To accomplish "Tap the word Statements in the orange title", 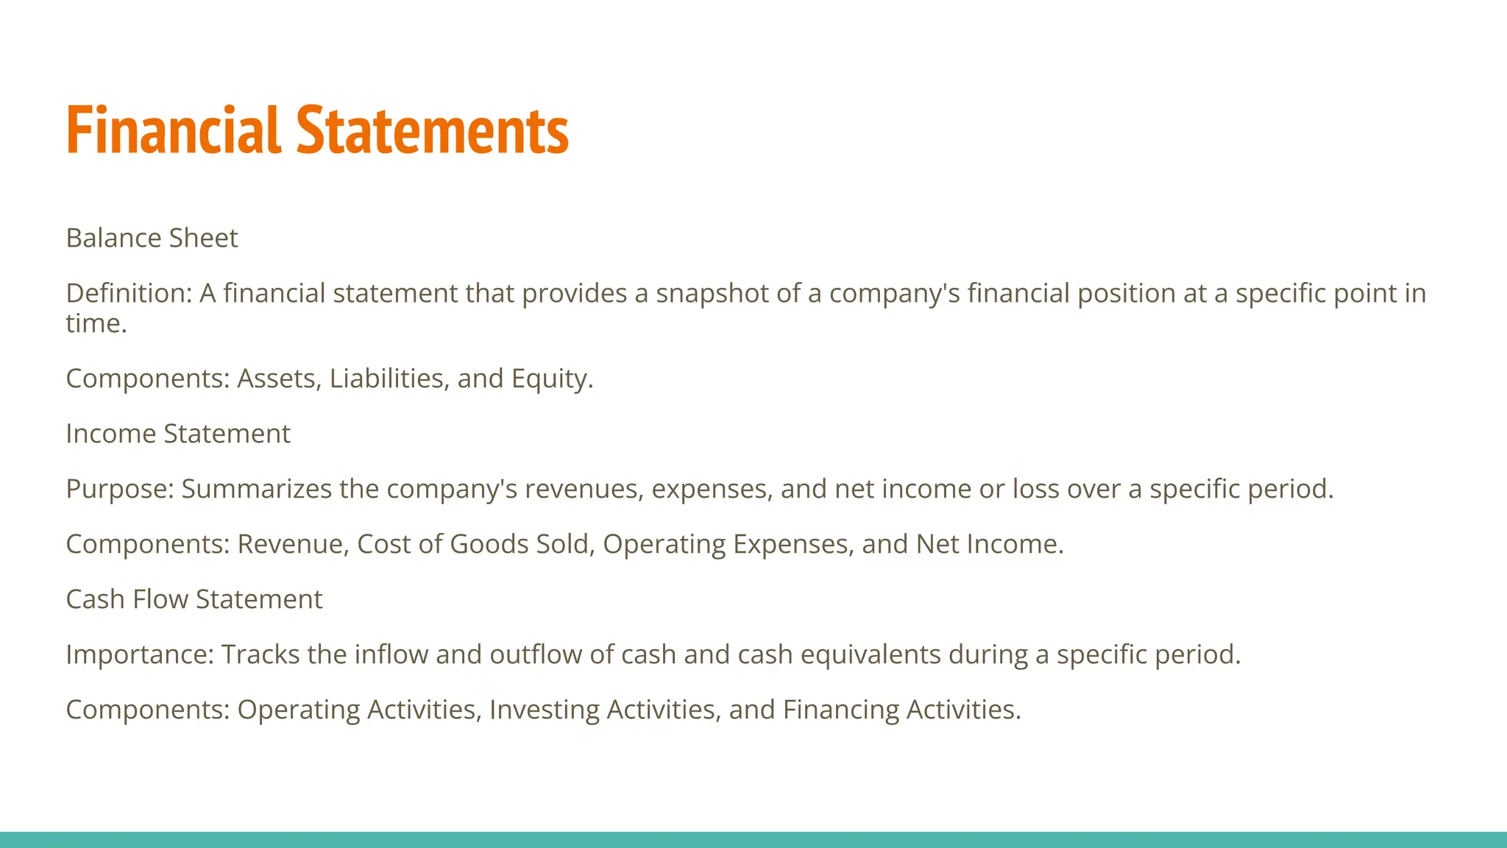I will coord(433,130).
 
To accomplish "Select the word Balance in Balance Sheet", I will coord(114,239).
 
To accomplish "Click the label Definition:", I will coord(129,294).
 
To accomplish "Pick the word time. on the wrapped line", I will coord(96,324).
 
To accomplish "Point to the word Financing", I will coord(840,710).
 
